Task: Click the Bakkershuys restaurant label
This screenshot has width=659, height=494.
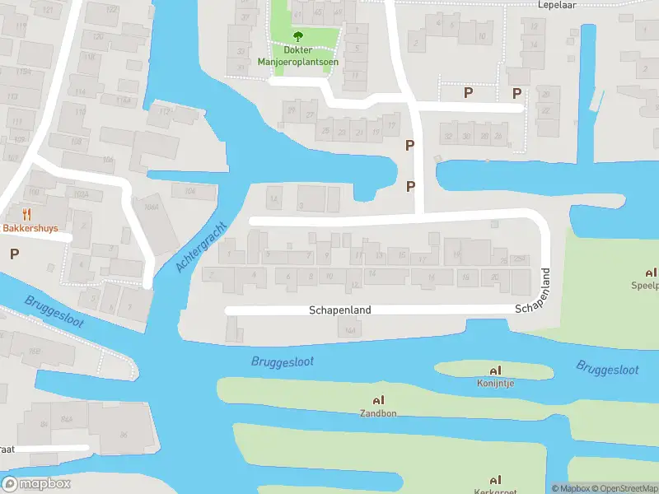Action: pyautogui.click(x=30, y=228)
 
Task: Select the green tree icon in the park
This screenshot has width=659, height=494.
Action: pyautogui.click(x=298, y=36)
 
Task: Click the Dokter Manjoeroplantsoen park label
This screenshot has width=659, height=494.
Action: pyautogui.click(x=298, y=55)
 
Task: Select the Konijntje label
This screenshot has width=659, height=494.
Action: pyautogui.click(x=494, y=383)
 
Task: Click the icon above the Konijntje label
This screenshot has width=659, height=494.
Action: pyautogui.click(x=494, y=370)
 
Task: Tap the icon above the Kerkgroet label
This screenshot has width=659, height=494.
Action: pyautogui.click(x=494, y=479)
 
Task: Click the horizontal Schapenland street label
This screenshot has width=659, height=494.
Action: pyautogui.click(x=339, y=310)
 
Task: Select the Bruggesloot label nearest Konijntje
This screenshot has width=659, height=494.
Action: pyautogui.click(x=607, y=369)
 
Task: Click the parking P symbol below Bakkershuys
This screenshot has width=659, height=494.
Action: pyautogui.click(x=14, y=254)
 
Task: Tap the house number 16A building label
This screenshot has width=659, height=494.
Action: pyautogui.click(x=349, y=330)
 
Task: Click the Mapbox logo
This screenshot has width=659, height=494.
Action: pyautogui.click(x=36, y=484)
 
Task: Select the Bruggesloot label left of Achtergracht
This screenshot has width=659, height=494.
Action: pyautogui.click(x=54, y=310)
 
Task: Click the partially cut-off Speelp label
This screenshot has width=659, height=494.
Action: pyautogui.click(x=646, y=286)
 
